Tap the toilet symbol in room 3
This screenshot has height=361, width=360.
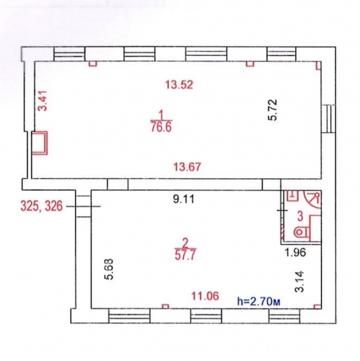pos(302,232)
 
